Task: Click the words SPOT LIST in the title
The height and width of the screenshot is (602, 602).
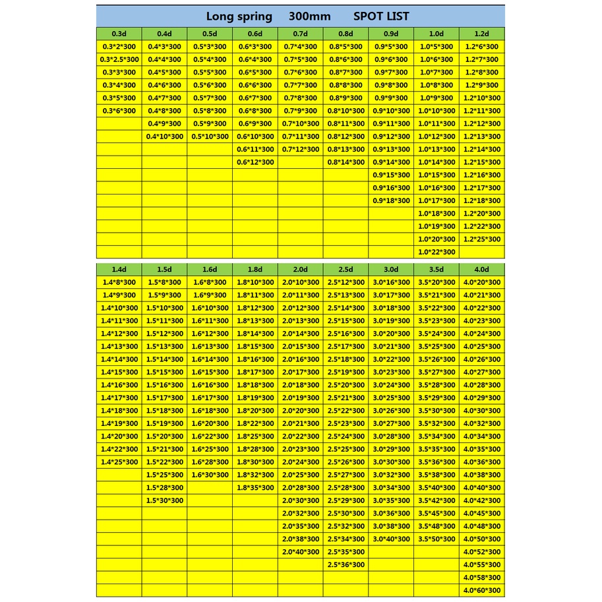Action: (x=381, y=16)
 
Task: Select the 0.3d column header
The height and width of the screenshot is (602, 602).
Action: (x=119, y=34)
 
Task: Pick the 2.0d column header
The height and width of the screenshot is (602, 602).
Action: (x=300, y=269)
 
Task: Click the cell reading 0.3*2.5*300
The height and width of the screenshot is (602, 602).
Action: (x=119, y=59)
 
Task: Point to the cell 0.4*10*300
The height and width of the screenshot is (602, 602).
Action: (x=164, y=136)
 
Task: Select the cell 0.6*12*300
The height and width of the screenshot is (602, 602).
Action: (x=255, y=162)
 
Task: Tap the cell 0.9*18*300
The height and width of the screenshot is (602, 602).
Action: (x=392, y=200)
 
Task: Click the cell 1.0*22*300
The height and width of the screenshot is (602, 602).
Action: (x=436, y=252)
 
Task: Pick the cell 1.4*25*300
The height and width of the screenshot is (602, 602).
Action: (x=119, y=462)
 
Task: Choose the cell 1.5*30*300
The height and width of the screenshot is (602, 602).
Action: (x=164, y=500)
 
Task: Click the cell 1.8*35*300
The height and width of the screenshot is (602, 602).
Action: (x=255, y=488)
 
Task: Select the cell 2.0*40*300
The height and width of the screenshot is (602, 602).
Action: (x=300, y=552)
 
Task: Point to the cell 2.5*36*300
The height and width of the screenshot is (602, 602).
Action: (x=346, y=565)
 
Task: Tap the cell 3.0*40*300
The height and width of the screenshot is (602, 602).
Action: (x=392, y=539)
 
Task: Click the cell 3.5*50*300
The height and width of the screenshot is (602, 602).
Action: (x=436, y=539)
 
